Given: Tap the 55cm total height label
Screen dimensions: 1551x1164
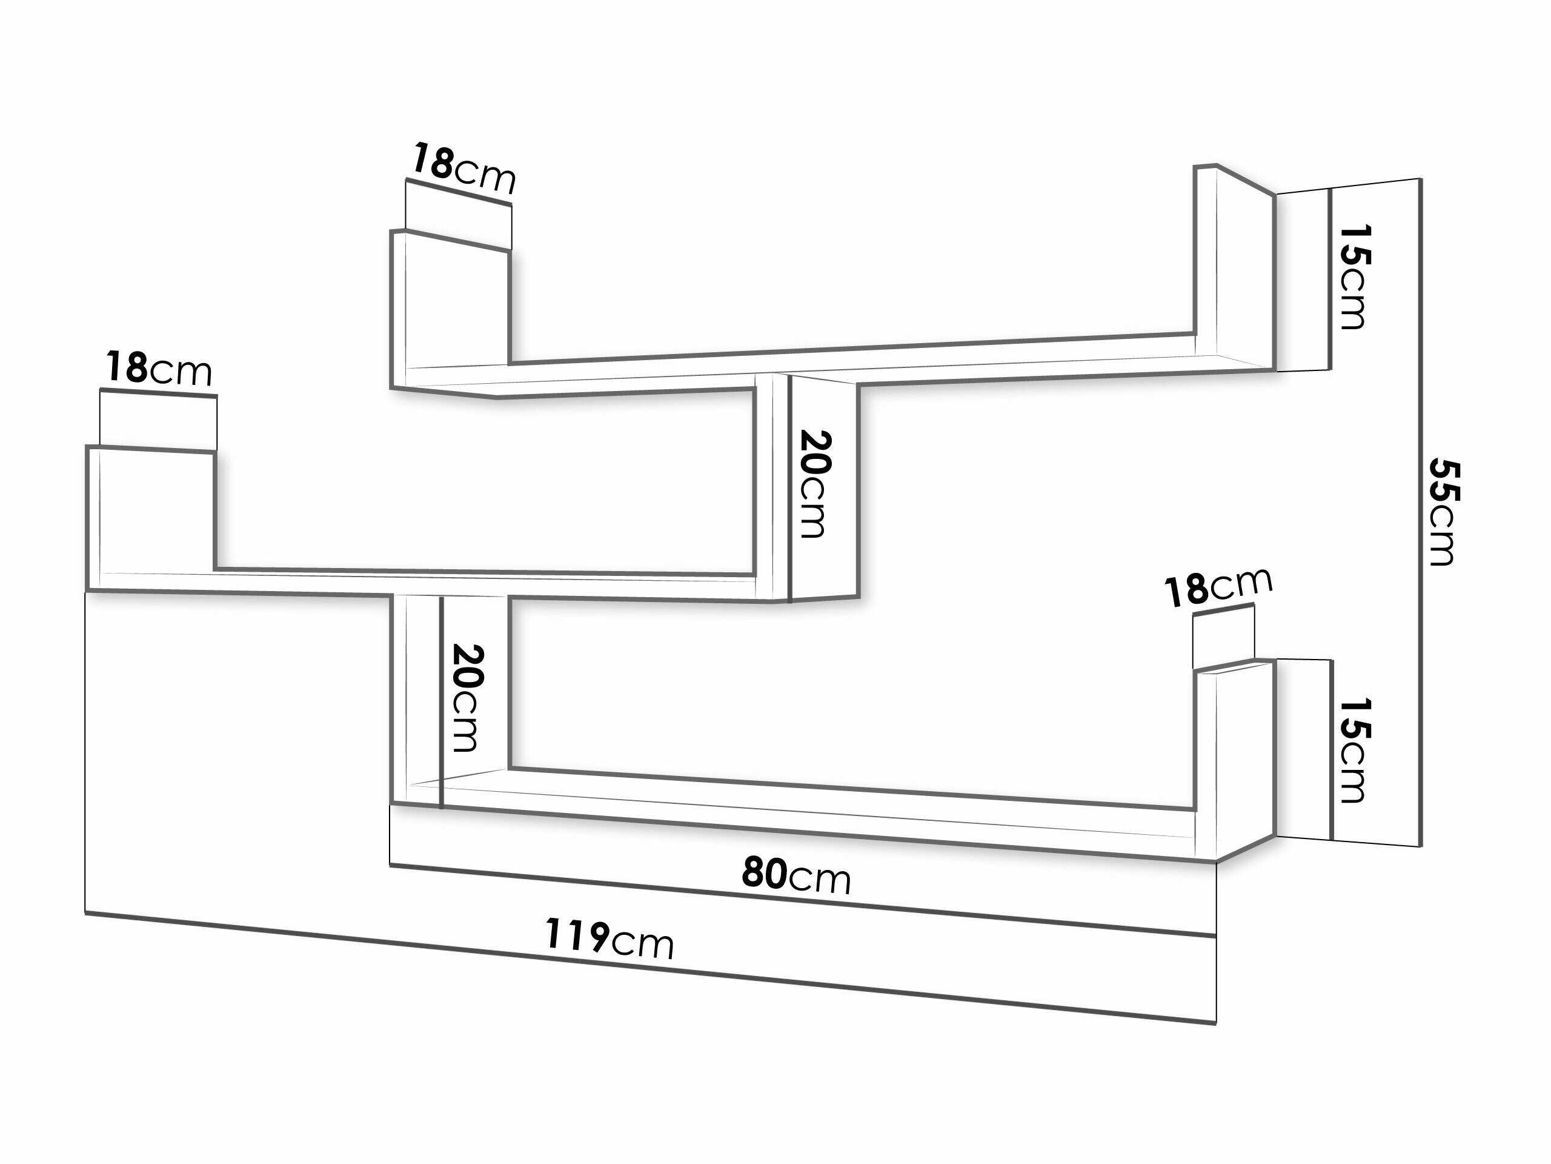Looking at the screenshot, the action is coord(1444,512).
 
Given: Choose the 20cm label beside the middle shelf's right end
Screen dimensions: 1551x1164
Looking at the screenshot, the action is coord(815,485).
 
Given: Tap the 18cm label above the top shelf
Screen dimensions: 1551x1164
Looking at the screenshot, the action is coord(463,169).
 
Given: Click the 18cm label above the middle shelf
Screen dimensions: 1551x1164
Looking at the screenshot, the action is coord(159,369).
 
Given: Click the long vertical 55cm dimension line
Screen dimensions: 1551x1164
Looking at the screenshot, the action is coord(1421,513).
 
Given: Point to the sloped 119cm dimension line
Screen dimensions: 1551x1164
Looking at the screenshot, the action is coord(650,968).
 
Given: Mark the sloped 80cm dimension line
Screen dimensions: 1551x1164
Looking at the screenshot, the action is coord(802,900).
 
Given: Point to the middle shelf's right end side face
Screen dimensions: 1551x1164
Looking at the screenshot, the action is coord(825,488).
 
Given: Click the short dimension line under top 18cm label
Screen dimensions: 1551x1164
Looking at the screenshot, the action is coord(459,192).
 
